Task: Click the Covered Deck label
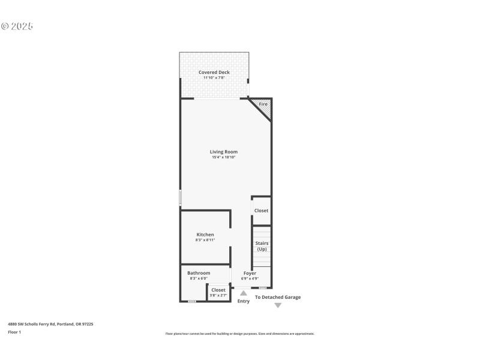[214, 72]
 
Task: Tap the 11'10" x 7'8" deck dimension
[214, 78]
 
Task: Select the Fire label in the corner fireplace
[263, 104]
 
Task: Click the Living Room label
[223, 152]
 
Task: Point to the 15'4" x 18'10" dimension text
[223, 158]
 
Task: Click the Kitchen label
[205, 235]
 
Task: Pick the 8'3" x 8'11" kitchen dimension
[205, 240]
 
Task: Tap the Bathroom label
[199, 273]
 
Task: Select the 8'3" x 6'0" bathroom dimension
[199, 278]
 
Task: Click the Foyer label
[250, 273]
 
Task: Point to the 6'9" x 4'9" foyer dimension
[250, 278]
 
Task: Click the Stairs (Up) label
[262, 246]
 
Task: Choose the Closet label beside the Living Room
[261, 211]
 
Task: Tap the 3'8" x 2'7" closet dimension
[218, 295]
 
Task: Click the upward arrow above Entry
[243, 293]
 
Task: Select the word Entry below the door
[243, 301]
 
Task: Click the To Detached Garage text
[278, 297]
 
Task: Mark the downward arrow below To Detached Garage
[278, 305]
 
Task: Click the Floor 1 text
[14, 332]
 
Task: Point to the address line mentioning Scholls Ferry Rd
[50, 324]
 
